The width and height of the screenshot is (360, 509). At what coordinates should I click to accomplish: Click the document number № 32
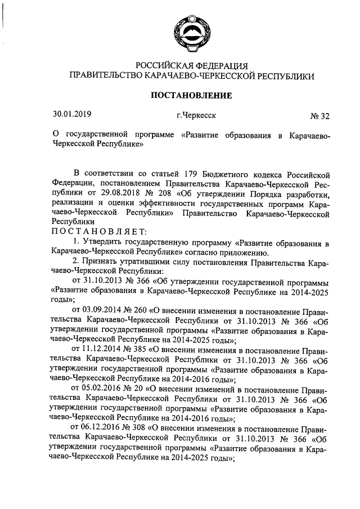(x=319, y=116)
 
